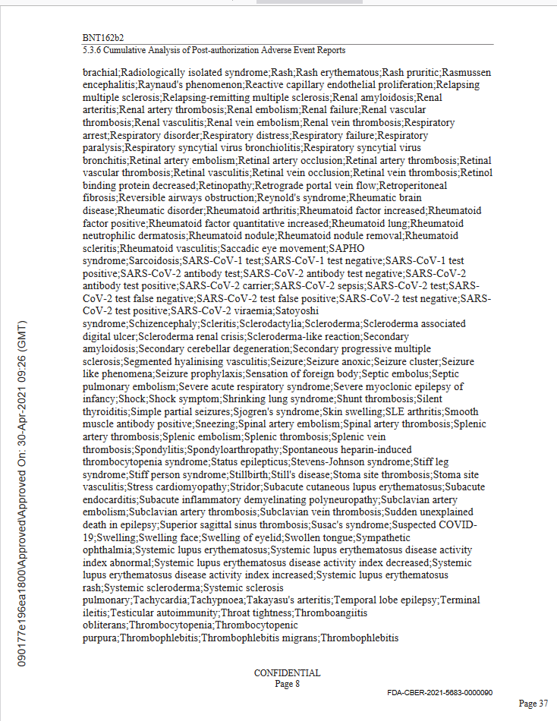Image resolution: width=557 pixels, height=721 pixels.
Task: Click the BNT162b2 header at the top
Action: pyautogui.click(x=103, y=36)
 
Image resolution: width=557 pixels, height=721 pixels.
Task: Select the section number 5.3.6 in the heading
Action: pyautogui.click(x=93, y=50)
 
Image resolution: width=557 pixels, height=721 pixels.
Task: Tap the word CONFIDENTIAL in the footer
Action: pyautogui.click(x=287, y=673)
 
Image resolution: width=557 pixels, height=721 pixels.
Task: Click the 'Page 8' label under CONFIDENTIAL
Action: pyautogui.click(x=287, y=684)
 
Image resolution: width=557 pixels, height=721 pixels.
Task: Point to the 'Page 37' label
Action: pyautogui.click(x=533, y=704)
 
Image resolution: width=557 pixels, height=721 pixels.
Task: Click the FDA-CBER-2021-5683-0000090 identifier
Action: pyautogui.click(x=439, y=693)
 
